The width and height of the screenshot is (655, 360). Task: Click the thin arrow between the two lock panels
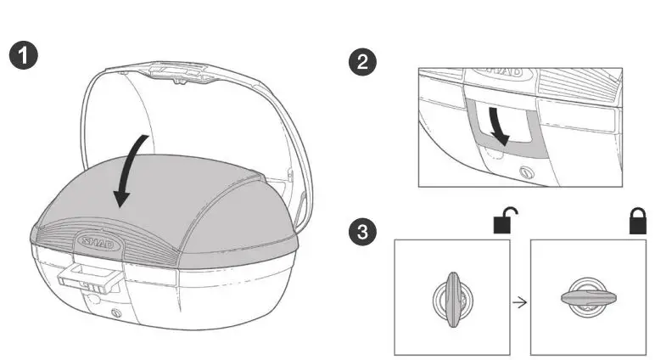519,301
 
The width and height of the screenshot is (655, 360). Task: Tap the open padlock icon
506,219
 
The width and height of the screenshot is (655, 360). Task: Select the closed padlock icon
636,221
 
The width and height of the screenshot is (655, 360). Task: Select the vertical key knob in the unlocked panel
451,296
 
